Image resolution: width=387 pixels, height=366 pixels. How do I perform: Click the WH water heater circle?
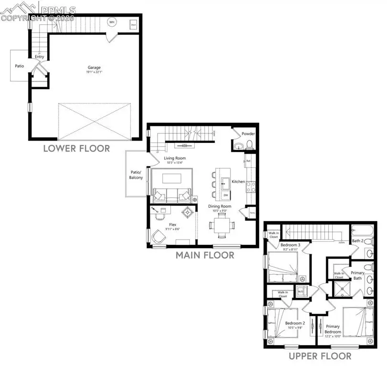pos(112,22)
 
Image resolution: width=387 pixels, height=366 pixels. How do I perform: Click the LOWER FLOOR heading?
pos(76,148)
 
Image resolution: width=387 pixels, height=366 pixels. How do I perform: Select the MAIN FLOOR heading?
pos(205,255)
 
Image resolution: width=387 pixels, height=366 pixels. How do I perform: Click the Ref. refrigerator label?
pos(248,161)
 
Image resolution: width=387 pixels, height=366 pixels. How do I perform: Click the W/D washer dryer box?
pos(300,291)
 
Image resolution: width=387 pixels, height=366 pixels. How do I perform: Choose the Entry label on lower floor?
pos(39,57)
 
